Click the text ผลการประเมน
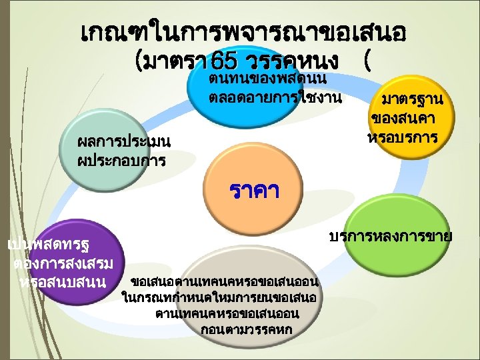pyautogui.click(x=125, y=142)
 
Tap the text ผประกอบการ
pyautogui.click(x=122, y=161)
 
